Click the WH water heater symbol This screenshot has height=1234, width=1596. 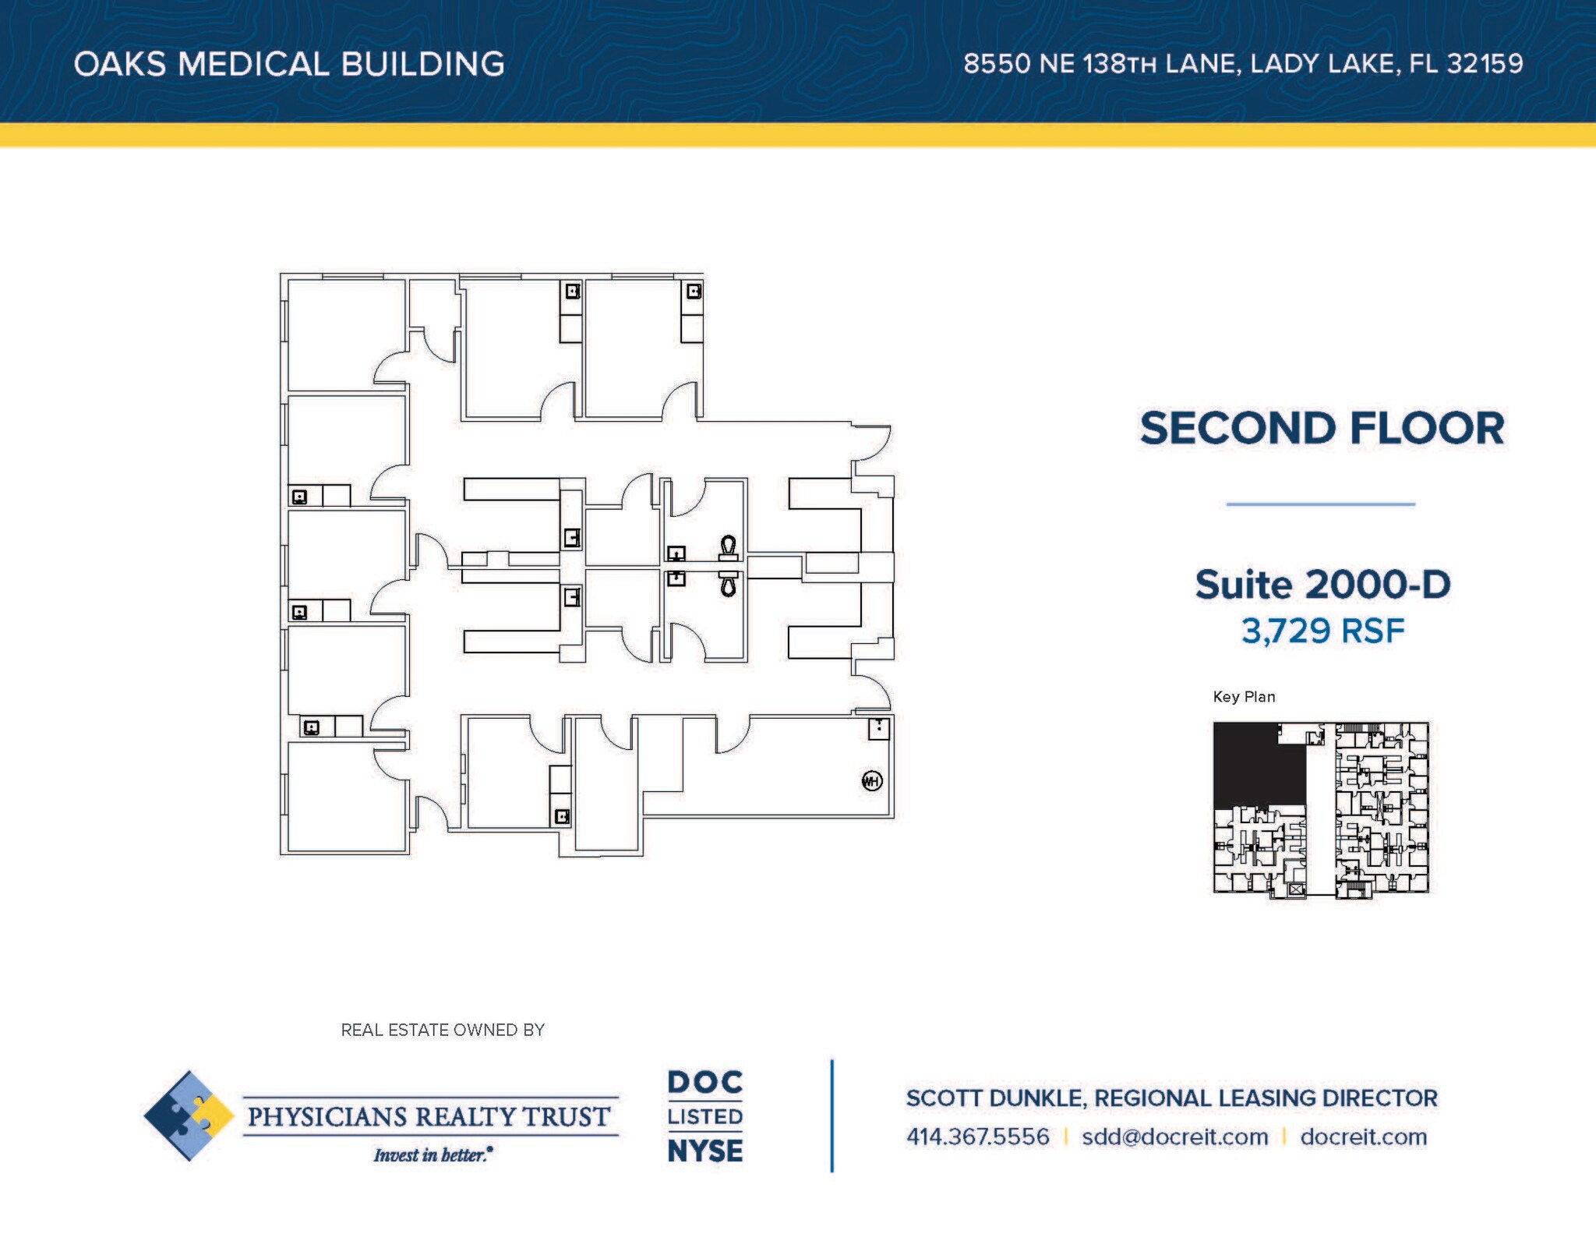coord(872,781)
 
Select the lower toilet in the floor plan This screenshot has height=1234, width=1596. coord(729,582)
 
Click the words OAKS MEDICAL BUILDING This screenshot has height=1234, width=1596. coord(289,64)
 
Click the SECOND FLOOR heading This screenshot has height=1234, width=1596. coord(1322,428)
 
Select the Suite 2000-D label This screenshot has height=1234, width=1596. coord(1322,585)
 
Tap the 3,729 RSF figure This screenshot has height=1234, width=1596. coord(1322,631)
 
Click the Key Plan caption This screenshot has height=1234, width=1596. coord(1244,697)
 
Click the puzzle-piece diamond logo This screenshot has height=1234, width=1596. coord(189,1116)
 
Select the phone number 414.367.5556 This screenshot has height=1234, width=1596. coord(977,1137)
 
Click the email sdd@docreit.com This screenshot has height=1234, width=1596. coord(1174,1137)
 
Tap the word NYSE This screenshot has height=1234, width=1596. coord(705,1151)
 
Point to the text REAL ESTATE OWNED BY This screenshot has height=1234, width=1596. coord(443,1030)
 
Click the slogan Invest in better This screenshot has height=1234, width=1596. coord(433,1154)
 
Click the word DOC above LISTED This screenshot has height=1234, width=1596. coord(705,1082)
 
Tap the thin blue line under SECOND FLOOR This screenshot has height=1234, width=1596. coord(1321,504)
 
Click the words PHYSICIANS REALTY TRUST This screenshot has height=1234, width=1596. coord(429,1116)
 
